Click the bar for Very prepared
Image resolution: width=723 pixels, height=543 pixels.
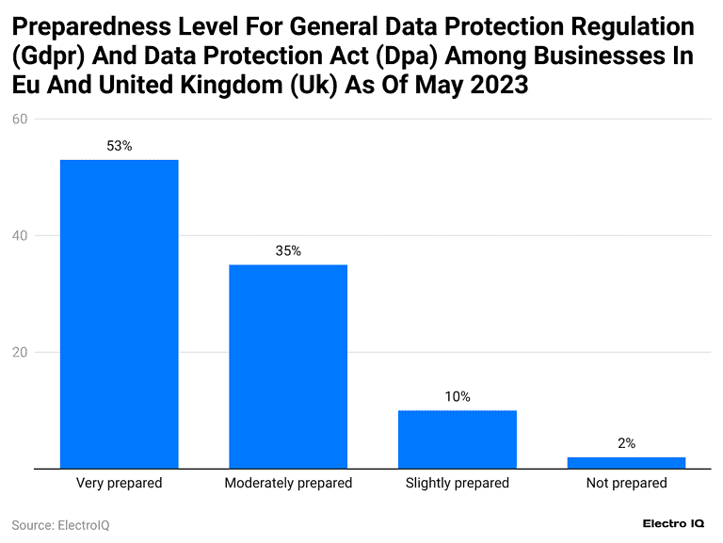[x=119, y=313]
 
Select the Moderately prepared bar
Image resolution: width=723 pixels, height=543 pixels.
[x=288, y=366]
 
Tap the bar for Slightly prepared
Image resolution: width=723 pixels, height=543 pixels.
[x=458, y=439]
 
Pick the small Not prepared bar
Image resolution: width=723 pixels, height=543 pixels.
[x=626, y=462]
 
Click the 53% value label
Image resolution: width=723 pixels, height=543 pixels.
[x=120, y=146]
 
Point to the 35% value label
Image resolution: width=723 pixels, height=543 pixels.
[x=288, y=251]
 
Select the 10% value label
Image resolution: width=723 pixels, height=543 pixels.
[x=458, y=397]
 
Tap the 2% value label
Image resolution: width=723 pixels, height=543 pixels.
[x=627, y=442]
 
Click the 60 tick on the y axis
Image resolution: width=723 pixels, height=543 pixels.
[x=19, y=119]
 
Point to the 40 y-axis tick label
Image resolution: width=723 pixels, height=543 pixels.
[x=19, y=235]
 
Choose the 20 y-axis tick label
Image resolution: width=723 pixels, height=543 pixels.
[x=19, y=352]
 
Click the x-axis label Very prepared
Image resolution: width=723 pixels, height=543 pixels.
[x=119, y=483]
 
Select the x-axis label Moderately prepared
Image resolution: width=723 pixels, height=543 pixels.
[x=288, y=483]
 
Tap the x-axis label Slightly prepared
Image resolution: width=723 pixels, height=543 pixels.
[x=458, y=483]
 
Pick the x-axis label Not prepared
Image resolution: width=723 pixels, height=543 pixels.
[x=626, y=483]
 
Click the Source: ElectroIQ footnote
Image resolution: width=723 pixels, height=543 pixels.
[x=60, y=525]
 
